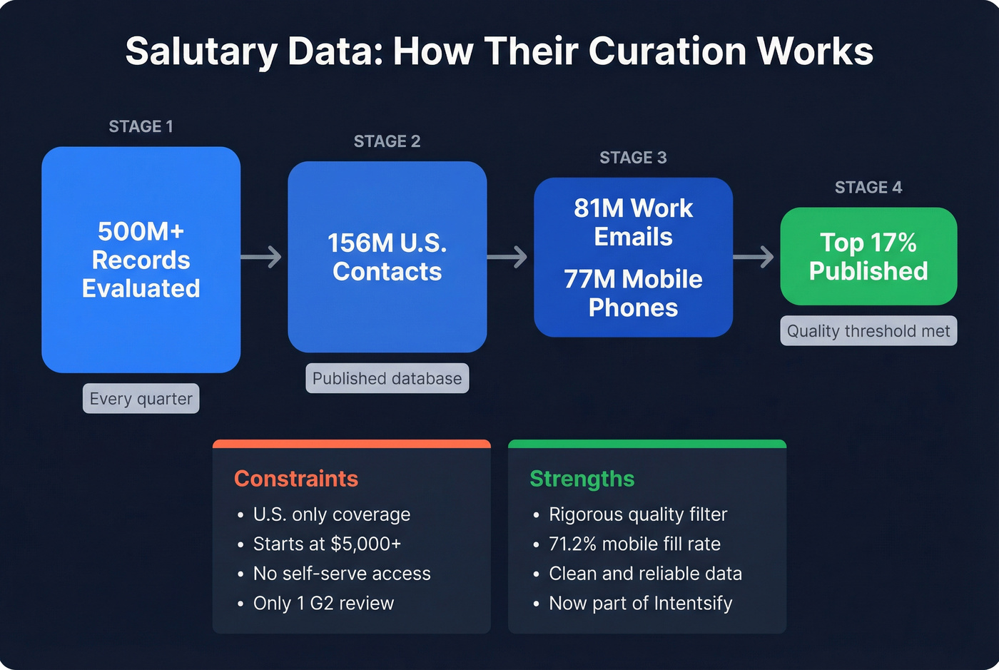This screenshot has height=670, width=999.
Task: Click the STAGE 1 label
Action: [x=141, y=127]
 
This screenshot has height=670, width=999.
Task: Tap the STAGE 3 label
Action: [x=633, y=158]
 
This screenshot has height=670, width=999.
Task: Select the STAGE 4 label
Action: [x=868, y=188]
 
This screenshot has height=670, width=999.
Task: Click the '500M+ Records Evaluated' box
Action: [x=141, y=260]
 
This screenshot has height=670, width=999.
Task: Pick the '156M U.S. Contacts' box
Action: [x=387, y=257]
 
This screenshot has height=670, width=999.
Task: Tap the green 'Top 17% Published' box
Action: [x=868, y=257]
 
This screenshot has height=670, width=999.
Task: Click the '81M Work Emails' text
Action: [x=633, y=222]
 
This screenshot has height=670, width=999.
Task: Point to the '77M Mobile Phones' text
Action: [x=633, y=293]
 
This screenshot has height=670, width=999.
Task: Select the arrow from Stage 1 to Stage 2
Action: [x=262, y=257]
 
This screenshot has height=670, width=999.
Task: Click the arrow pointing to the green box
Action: [x=754, y=257]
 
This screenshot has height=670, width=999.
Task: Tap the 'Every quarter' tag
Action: [x=141, y=399]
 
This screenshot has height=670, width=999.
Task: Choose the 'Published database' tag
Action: [x=387, y=379]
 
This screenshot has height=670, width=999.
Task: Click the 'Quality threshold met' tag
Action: [x=868, y=331]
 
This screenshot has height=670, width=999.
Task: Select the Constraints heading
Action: [x=296, y=479]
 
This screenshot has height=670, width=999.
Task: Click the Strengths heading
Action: [x=582, y=479]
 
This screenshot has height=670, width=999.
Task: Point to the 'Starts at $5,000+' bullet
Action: [x=327, y=544]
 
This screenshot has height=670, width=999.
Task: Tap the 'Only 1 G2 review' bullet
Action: [x=323, y=604]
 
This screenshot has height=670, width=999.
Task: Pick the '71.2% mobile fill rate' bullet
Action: [x=634, y=544]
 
